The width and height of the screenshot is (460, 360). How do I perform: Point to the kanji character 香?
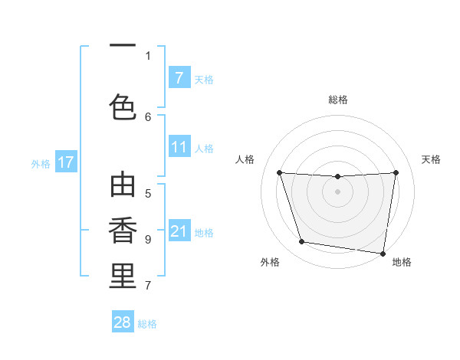tap(123, 231)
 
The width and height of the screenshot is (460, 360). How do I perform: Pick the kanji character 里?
tap(123, 275)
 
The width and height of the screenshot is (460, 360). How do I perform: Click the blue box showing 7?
tap(179, 78)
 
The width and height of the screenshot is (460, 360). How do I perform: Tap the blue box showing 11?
tap(179, 148)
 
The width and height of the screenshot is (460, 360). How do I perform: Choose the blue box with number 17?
tap(65, 162)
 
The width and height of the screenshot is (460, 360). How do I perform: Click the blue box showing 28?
tap(123, 322)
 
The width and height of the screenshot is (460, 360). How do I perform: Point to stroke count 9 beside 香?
tap(148, 239)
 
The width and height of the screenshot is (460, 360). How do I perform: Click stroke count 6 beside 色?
tap(148, 116)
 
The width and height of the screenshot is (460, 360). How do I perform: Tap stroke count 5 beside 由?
tap(148, 193)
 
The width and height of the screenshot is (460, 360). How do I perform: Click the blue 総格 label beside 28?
tap(147, 324)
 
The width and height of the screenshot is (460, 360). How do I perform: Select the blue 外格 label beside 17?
tap(41, 163)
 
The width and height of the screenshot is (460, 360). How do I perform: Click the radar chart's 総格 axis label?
tap(337, 100)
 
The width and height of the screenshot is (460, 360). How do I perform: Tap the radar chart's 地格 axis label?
tap(402, 262)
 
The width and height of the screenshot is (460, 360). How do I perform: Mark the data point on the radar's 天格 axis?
tap(396, 172)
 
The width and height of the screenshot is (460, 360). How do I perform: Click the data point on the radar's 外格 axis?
tap(302, 242)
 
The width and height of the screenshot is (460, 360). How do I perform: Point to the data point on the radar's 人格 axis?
tap(279, 172)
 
